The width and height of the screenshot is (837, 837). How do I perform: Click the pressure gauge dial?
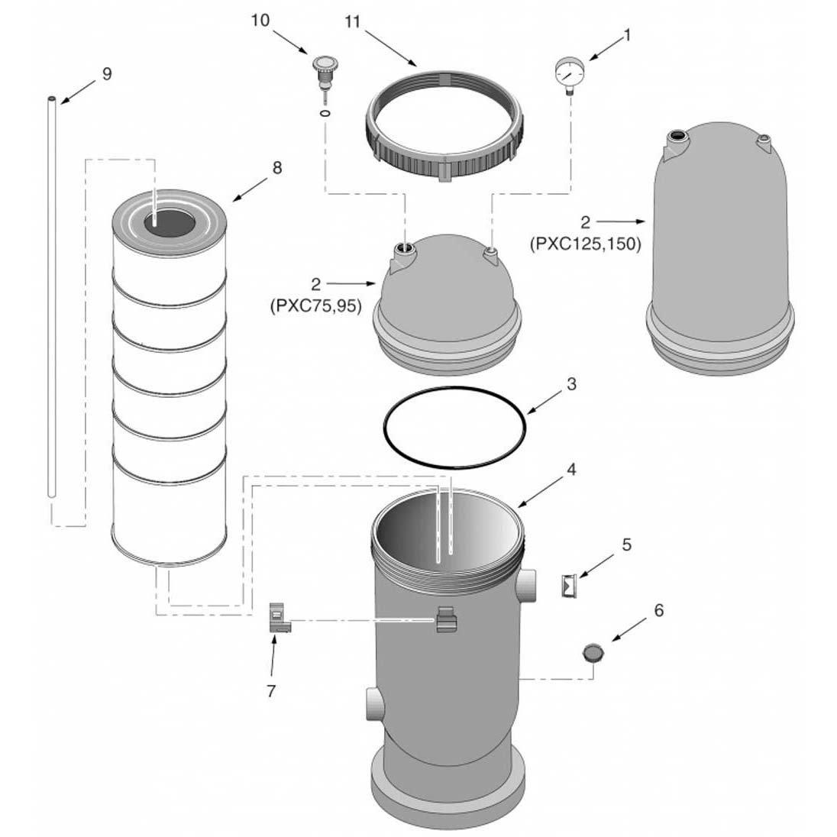tap(565, 73)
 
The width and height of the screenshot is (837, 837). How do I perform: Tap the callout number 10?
tap(260, 20)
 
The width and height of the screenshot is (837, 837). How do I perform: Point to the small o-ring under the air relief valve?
tap(326, 115)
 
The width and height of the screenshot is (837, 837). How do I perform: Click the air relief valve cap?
tap(322, 63)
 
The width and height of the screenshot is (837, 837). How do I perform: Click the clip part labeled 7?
tap(280, 618)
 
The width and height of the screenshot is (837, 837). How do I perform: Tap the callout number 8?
tap(276, 166)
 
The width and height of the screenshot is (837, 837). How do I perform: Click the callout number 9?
tap(106, 73)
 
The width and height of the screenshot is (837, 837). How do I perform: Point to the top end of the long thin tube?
tap(51, 100)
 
